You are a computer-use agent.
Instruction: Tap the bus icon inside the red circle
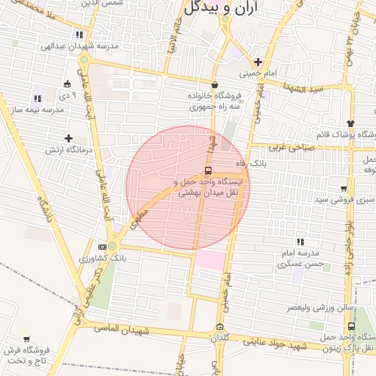(208, 170)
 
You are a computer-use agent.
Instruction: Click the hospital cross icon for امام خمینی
(258, 62)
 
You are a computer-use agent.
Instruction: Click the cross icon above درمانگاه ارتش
(68, 138)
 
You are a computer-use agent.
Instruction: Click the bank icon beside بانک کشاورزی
(102, 247)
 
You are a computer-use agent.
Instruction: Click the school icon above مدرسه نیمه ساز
(37, 98)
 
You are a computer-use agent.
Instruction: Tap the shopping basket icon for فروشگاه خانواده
(214, 84)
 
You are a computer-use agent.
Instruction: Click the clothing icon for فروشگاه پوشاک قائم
(350, 123)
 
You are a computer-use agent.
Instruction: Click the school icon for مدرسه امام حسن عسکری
(300, 242)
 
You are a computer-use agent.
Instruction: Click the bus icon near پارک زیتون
(351, 326)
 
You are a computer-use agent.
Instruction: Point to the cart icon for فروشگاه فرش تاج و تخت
(27, 339)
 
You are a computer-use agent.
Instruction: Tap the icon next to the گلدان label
(220, 327)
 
